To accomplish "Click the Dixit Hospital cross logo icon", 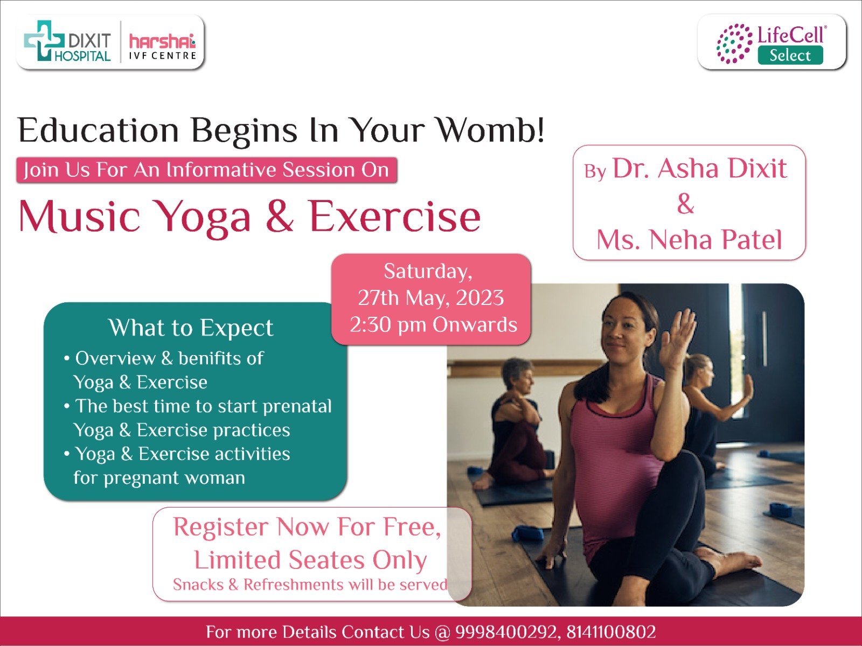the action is point(44,41).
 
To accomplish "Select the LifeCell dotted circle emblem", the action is point(734,43).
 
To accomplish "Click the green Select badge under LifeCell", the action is point(790,55).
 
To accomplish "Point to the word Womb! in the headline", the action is point(491,130).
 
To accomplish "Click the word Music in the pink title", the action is point(79,217).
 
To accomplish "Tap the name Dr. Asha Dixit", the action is point(699,168).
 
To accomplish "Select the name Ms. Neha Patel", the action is point(689,240).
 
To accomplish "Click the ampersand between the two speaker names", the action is point(686,204).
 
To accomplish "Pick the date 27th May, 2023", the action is point(431,297).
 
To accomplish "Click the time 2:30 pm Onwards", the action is point(433,325).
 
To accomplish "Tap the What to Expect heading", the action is point(191,328).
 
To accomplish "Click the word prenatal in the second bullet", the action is point(297,407).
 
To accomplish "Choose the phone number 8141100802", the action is point(611,632).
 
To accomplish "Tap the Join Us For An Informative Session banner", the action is point(206,170).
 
